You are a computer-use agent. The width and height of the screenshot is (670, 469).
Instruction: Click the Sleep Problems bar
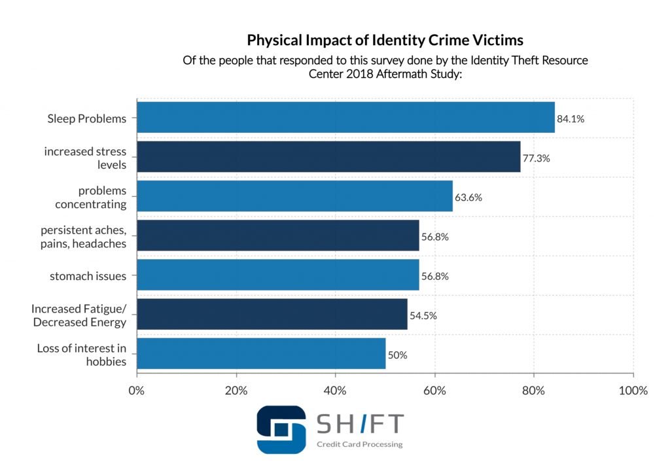pos(345,118)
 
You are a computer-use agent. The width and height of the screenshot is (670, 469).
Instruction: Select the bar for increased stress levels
pos(328,157)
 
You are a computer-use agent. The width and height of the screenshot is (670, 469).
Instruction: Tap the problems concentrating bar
pos(294,196)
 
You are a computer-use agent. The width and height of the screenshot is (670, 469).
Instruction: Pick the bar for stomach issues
pos(277,275)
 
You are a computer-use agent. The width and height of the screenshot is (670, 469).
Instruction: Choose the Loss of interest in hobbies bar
pos(261,354)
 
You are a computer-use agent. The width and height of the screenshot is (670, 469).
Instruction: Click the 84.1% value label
pos(571,119)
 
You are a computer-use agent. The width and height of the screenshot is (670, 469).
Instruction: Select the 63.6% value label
pos(468,198)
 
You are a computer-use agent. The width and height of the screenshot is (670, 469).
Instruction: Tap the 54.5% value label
pos(423,316)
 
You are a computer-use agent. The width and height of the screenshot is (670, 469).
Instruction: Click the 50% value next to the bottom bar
pos(398,355)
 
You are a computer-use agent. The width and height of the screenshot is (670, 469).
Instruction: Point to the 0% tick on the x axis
pos(136,391)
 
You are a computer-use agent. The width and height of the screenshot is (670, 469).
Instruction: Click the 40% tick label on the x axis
pos(335,391)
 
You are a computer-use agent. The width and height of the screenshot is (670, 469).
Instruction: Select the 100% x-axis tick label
pos(632,391)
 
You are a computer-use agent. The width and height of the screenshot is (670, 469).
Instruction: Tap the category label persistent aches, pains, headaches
pos(83,237)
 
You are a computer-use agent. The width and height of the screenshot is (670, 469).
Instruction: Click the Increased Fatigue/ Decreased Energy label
pos(79,316)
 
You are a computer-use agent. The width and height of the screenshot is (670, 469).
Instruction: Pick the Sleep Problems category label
pos(86,118)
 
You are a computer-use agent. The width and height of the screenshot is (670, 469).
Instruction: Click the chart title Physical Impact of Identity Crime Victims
pos(385,41)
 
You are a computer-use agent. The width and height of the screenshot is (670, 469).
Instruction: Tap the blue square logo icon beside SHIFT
pos(281,430)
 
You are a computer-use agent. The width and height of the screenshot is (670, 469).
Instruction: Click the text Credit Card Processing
pos(359,445)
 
